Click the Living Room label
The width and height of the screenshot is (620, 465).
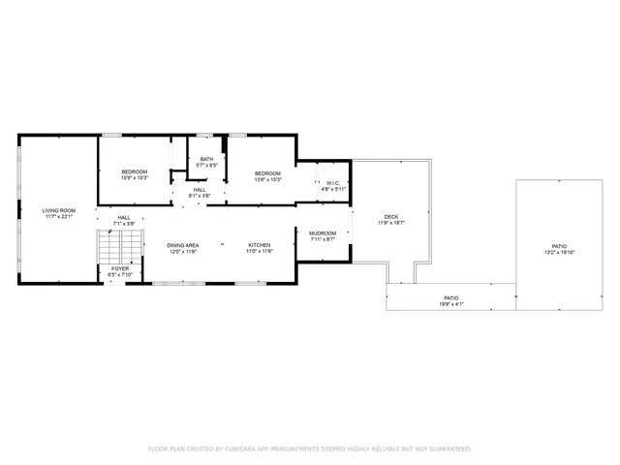pyautogui.click(x=58, y=210)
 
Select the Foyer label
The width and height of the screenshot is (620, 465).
pyautogui.click(x=120, y=268)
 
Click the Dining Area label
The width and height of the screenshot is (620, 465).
pyautogui.click(x=183, y=245)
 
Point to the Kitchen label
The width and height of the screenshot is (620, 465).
pyautogui.click(x=259, y=245)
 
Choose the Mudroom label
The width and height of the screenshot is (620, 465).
pyautogui.click(x=323, y=233)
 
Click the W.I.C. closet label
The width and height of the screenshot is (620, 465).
pyautogui.click(x=331, y=183)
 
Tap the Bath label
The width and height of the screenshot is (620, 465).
pyautogui.click(x=207, y=160)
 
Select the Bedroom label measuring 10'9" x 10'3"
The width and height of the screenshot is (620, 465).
pyautogui.click(x=134, y=171)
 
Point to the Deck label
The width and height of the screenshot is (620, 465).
pyautogui.click(x=391, y=217)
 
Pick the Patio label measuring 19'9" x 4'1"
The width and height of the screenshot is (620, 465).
pyautogui.click(x=451, y=297)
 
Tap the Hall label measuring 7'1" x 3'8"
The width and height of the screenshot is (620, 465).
pyautogui.click(x=124, y=218)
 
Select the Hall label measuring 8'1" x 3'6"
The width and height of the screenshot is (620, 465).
pyautogui.click(x=199, y=190)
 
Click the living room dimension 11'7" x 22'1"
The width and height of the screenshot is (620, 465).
pyautogui.click(x=58, y=217)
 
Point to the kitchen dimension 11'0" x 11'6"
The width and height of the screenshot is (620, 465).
pyautogui.click(x=259, y=252)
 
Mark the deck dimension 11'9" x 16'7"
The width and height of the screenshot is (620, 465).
pyautogui.click(x=391, y=224)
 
